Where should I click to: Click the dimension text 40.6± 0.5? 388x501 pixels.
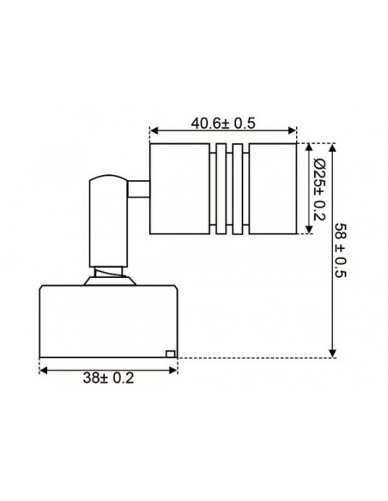pyautogui.click(x=223, y=122)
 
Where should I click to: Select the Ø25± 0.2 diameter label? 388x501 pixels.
pyautogui.click(x=318, y=188)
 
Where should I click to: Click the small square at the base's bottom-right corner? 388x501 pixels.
pyautogui.click(x=171, y=353)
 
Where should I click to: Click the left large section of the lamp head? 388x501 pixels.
pyautogui.click(x=178, y=189)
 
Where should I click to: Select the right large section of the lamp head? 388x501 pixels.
pyautogui.click(x=274, y=189)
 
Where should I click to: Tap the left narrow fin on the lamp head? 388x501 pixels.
pyautogui.click(x=221, y=189)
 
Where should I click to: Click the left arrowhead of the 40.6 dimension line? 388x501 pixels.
pyautogui.click(x=153, y=131)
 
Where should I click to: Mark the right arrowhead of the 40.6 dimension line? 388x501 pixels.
pyautogui.click(x=294, y=131)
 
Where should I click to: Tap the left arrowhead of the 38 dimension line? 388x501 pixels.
pyautogui.click(x=43, y=371)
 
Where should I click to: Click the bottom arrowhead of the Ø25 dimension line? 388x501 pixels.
pyautogui.click(x=306, y=230)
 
